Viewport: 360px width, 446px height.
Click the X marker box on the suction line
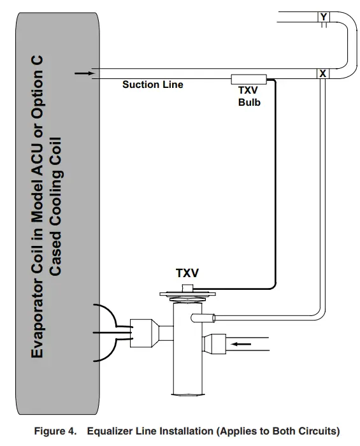tap(323, 73)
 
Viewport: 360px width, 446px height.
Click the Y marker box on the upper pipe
tap(324, 17)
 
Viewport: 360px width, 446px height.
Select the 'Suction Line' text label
tap(153, 85)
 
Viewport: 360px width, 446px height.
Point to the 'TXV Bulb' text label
tap(249, 96)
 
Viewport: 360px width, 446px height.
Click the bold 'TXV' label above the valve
tap(187, 273)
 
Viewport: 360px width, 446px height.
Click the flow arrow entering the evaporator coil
tap(83, 73)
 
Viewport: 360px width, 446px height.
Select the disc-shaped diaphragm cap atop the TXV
tap(187, 294)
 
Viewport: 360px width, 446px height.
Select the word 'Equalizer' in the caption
tap(110, 431)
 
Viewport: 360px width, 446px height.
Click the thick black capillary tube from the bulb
tap(275, 191)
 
